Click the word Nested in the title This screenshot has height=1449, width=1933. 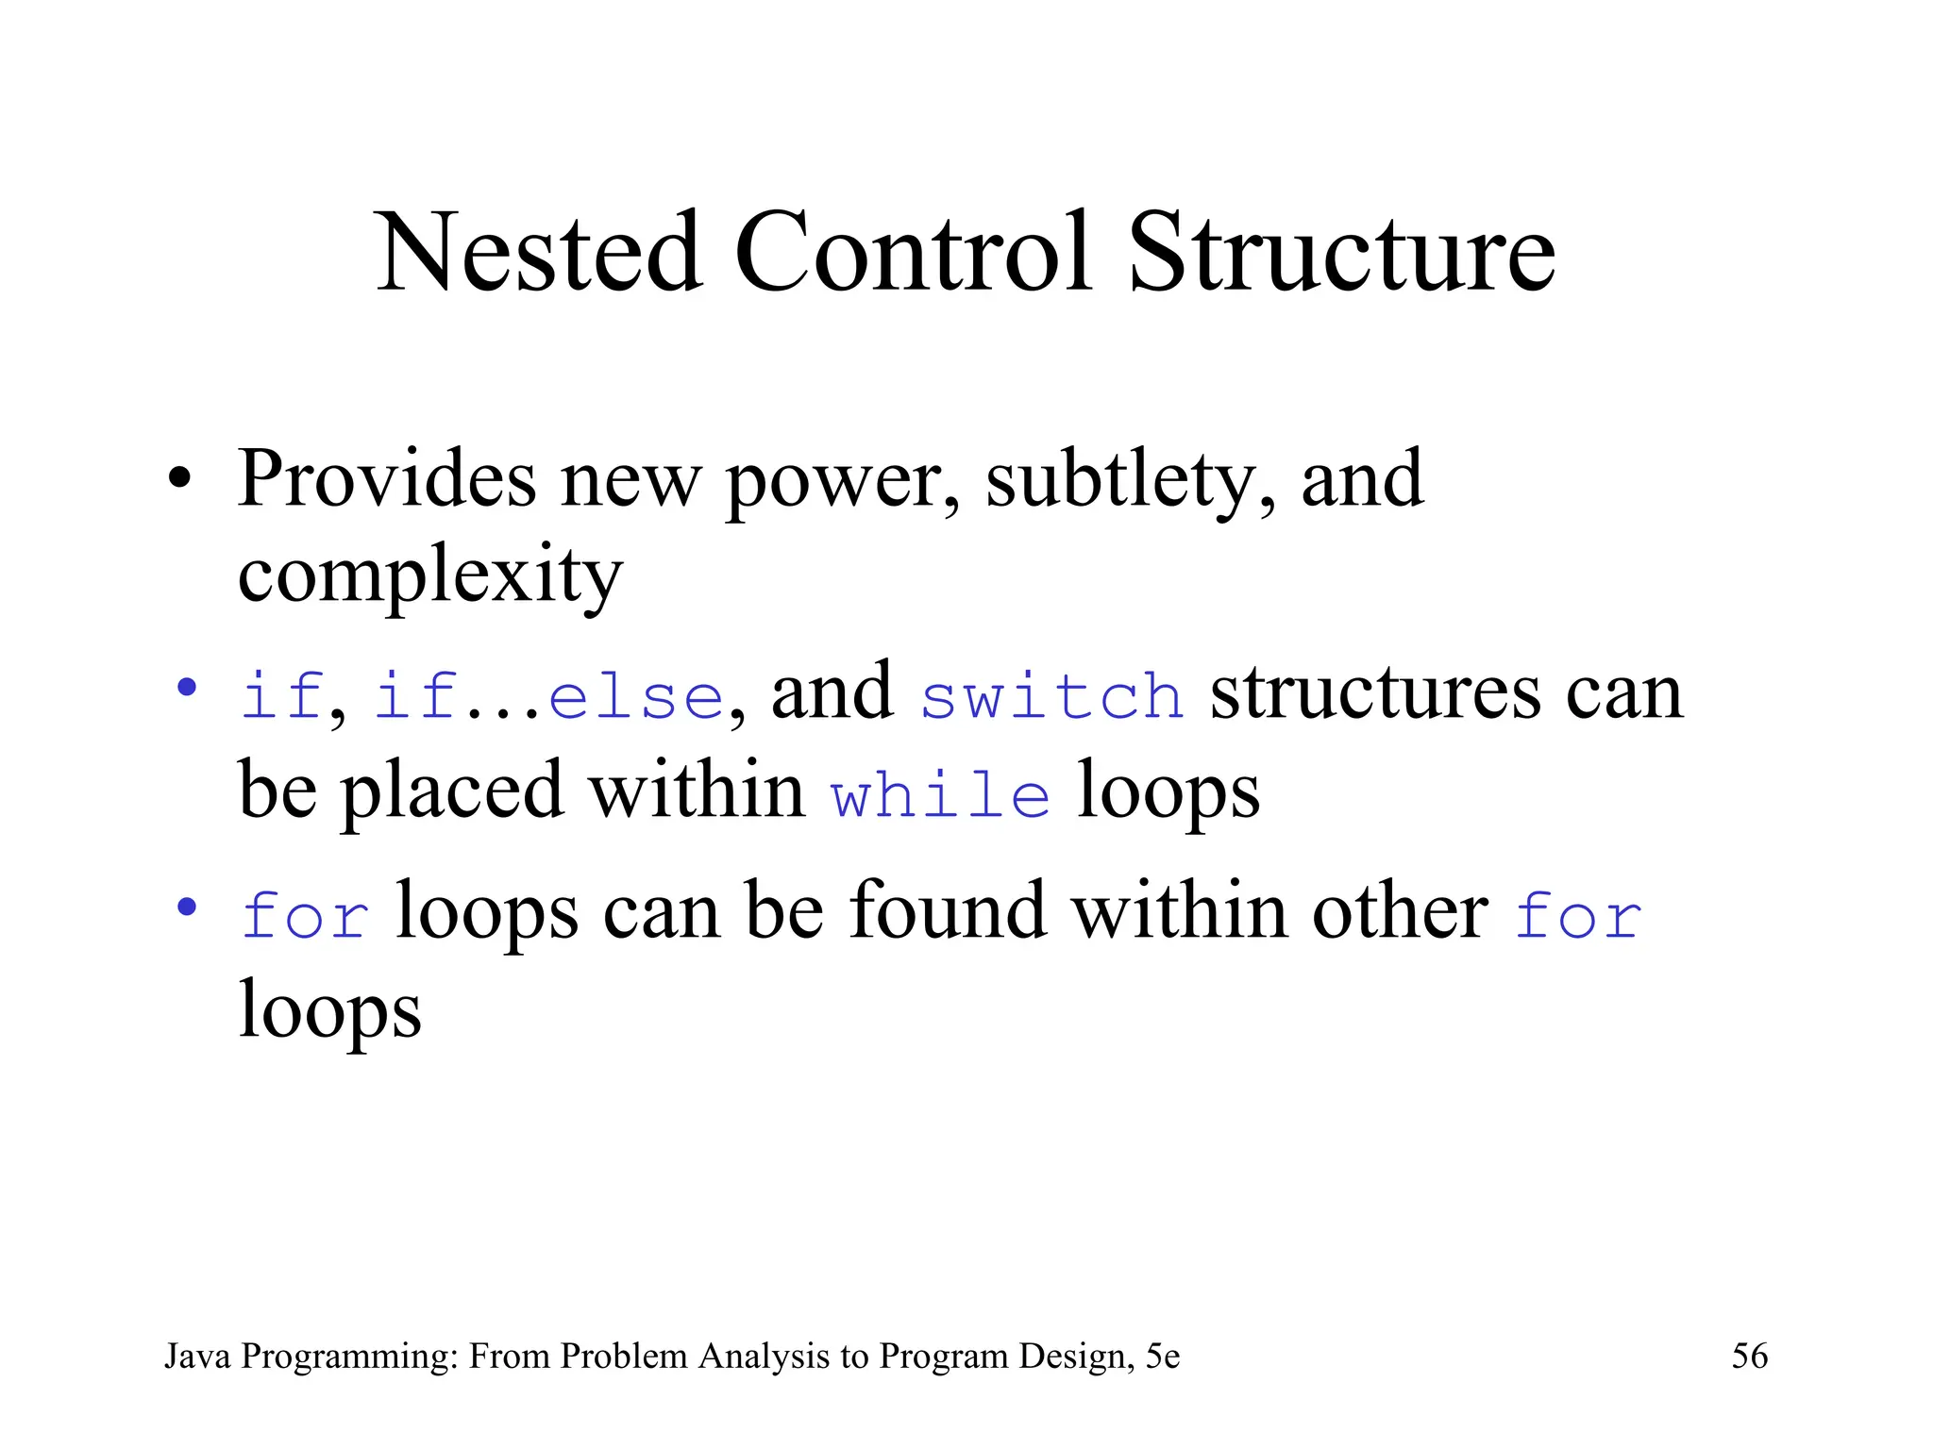[538, 253]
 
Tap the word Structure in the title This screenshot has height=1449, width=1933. [1341, 253]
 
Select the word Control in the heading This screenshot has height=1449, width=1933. [913, 253]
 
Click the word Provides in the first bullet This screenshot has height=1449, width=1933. [387, 479]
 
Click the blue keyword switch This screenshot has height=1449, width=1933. [1051, 696]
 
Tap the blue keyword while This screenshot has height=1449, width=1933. [940, 794]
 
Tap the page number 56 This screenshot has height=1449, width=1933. [1749, 1357]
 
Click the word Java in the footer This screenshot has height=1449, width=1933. [197, 1357]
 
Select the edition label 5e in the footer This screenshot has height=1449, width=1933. [1163, 1357]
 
